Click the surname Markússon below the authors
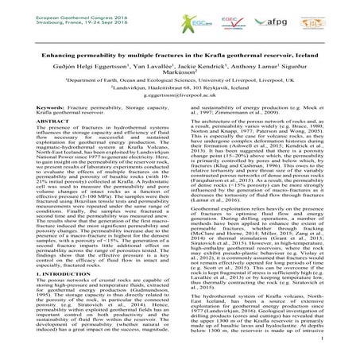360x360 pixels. (180, 68)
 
